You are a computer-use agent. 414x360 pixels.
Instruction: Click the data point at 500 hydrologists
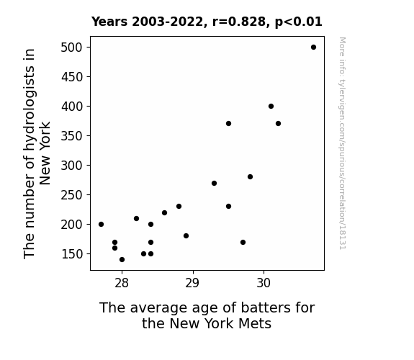(x=313, y=48)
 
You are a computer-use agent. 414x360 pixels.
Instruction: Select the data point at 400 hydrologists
(x=271, y=106)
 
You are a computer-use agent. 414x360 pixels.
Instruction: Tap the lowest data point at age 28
(x=122, y=260)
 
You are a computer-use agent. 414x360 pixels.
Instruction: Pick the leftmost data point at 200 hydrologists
(x=101, y=224)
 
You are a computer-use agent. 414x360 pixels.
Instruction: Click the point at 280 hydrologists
(x=251, y=176)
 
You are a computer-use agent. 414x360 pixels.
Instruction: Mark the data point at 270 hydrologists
(x=214, y=184)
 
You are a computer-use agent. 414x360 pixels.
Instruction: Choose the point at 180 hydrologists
(x=186, y=236)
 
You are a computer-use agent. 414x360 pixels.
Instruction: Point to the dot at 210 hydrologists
(x=137, y=218)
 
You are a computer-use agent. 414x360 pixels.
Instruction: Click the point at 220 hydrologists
(x=164, y=212)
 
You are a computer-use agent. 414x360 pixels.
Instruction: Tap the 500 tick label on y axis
(x=72, y=48)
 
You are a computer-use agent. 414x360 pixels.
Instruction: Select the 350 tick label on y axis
(x=72, y=136)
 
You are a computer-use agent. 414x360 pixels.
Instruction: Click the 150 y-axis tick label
(x=72, y=254)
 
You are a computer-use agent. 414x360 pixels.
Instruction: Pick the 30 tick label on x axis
(x=264, y=283)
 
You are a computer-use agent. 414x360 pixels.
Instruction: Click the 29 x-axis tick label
(x=192, y=283)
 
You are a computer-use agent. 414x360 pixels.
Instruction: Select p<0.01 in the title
(x=299, y=22)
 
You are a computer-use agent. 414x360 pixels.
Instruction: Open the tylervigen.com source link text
(x=342, y=143)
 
